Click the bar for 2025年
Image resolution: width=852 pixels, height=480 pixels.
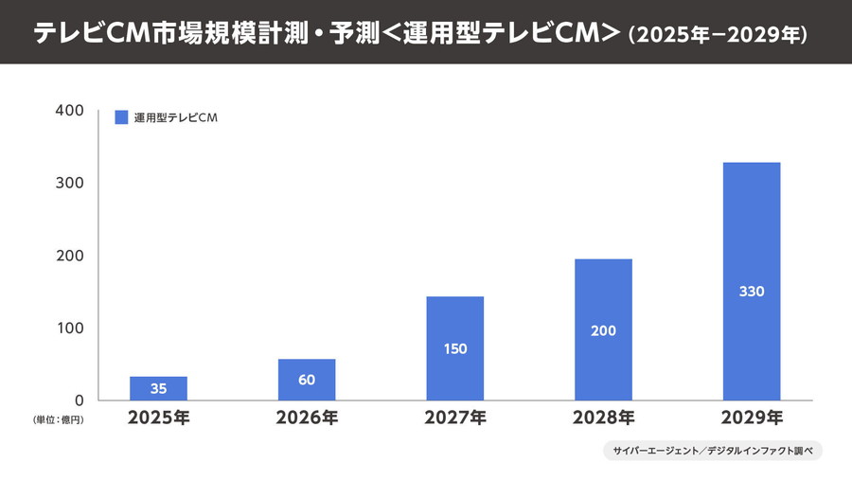[158, 388]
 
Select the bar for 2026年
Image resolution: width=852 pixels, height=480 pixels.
[307, 380]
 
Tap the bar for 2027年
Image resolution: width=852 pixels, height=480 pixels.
[455, 347]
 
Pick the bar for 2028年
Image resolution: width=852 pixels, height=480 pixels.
[604, 329]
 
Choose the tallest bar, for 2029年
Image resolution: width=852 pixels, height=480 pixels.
[752, 281]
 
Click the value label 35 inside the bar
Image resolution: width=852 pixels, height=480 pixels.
[158, 388]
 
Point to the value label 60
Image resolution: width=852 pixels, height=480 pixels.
[307, 381]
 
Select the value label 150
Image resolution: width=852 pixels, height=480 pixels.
[455, 348]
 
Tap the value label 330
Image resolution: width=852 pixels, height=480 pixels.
[752, 292]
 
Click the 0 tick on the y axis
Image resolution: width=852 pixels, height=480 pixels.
[80, 400]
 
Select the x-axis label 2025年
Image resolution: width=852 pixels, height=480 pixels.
[158, 418]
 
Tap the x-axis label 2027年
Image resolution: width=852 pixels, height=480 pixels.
[455, 418]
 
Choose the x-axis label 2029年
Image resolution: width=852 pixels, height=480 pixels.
[752, 418]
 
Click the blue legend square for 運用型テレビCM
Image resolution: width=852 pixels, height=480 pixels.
[121, 117]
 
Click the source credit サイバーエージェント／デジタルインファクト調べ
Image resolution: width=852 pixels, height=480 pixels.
[712, 452]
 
